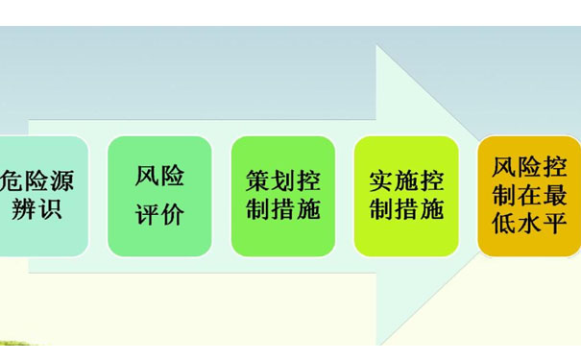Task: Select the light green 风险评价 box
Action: [159, 195]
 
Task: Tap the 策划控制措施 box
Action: [283, 195]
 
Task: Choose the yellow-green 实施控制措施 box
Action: [406, 195]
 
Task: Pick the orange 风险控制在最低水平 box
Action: [529, 195]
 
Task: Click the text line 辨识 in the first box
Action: [37, 209]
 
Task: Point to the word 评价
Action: [159, 214]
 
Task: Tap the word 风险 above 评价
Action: [159, 177]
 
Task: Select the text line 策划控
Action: [283, 180]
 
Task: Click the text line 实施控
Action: [406, 180]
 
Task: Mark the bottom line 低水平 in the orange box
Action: [529, 226]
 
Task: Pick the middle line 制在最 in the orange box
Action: [529, 196]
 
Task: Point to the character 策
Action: [258, 180]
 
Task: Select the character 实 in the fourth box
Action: [381, 180]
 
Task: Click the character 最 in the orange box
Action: [554, 196]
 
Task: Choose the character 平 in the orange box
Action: [554, 226]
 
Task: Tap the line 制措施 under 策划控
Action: [283, 210]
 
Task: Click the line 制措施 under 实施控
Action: [406, 210]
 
